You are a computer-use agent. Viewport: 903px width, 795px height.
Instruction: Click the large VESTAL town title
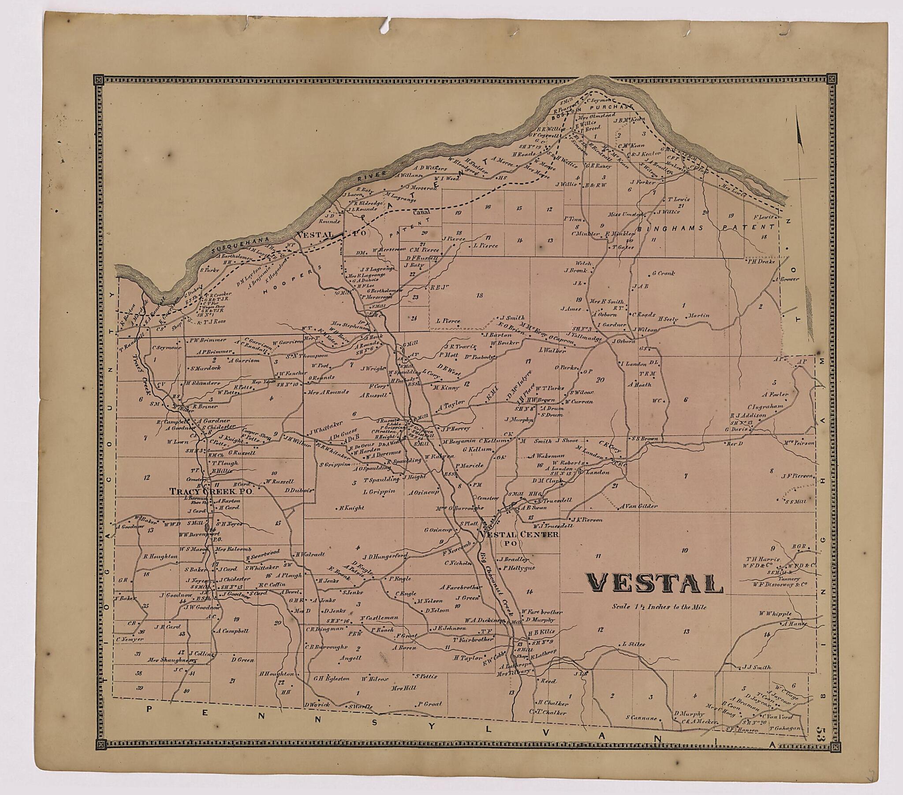[x=655, y=584]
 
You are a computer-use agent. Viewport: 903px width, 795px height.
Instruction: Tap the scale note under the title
[x=659, y=607]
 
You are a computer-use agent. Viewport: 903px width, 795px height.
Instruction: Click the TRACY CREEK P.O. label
[x=212, y=491]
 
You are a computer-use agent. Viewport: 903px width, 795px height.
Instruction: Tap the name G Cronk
[x=663, y=274]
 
